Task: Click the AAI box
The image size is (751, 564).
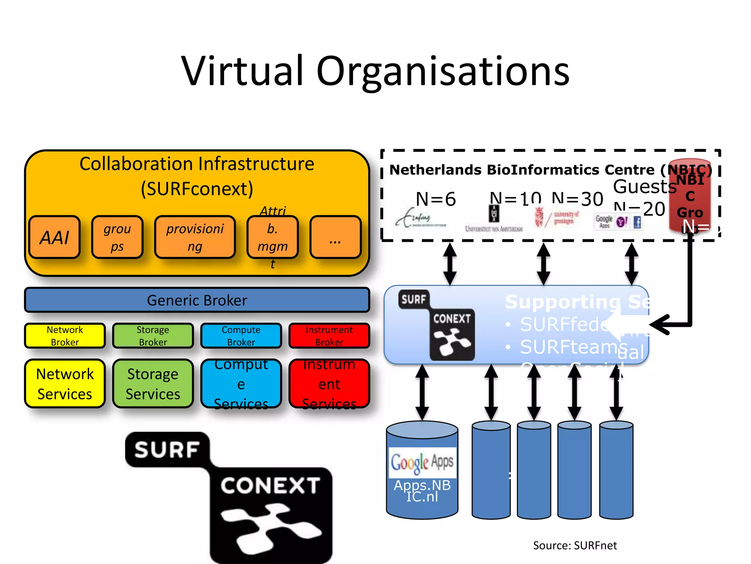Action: (x=54, y=237)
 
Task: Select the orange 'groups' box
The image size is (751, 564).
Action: (x=117, y=237)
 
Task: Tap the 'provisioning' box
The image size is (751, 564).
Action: (x=195, y=237)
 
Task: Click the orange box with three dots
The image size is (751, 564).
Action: (x=335, y=237)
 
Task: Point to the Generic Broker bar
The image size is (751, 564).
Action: (x=197, y=300)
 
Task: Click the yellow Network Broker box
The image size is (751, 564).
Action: (x=65, y=336)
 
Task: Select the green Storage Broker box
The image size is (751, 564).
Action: (x=153, y=336)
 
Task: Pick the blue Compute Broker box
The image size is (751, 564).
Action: (x=241, y=336)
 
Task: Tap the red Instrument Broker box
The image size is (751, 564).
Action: (x=329, y=336)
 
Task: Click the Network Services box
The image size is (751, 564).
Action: (x=65, y=383)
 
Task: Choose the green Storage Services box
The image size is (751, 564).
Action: (x=153, y=383)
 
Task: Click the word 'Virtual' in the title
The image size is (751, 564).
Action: (x=242, y=71)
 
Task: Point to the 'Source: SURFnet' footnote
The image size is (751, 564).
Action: (x=575, y=545)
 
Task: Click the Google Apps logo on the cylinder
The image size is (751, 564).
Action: (x=422, y=462)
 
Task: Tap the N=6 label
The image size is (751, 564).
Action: (x=436, y=199)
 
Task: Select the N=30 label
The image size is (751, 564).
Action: (x=578, y=199)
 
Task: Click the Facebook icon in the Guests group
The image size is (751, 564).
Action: (x=637, y=222)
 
